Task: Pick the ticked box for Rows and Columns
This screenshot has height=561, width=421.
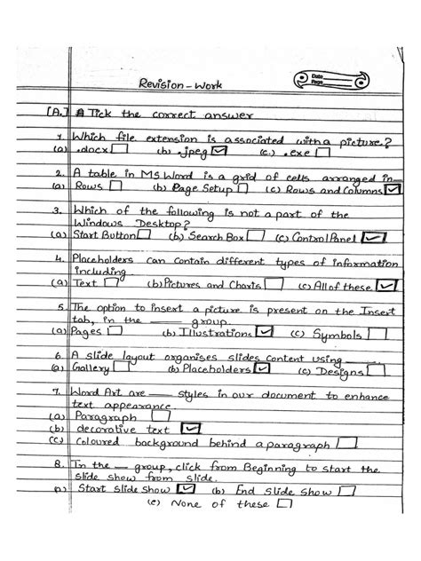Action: (x=393, y=189)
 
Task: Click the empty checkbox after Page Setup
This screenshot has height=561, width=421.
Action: (x=242, y=190)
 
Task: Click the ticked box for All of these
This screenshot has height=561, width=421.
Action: (x=386, y=285)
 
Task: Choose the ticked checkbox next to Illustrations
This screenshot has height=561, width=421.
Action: (x=263, y=332)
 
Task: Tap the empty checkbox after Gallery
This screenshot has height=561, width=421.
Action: (x=124, y=369)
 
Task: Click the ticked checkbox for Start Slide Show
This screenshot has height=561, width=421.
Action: (x=187, y=488)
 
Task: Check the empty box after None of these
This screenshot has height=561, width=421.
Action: (x=285, y=502)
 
